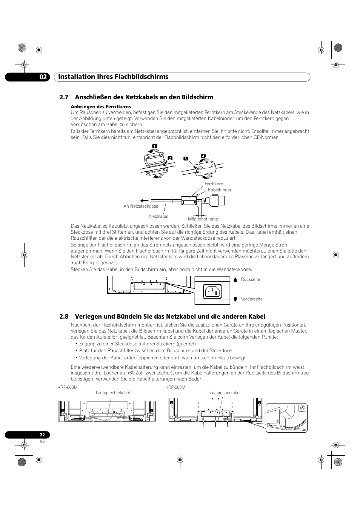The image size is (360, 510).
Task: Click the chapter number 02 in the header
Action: coord(43,77)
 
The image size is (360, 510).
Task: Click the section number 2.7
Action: coord(64,97)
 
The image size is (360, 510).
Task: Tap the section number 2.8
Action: coord(64,316)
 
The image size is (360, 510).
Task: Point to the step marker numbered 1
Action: coord(154,146)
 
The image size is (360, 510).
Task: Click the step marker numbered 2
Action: coord(170,158)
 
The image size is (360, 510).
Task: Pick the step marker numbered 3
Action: coord(186,159)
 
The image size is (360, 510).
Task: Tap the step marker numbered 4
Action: coord(203,156)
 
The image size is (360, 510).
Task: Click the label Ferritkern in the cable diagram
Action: coord(214,184)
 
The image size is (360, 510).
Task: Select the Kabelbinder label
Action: coord(220,190)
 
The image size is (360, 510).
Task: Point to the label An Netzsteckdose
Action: coord(141,206)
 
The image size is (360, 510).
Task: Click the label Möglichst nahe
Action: coord(203,219)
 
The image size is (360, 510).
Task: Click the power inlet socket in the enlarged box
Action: coord(212,291)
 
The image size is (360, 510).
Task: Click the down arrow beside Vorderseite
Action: coord(235,299)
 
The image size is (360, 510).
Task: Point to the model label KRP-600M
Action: coord(68,388)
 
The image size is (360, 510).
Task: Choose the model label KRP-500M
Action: coord(175,388)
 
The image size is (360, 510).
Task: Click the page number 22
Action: coord(43,435)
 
